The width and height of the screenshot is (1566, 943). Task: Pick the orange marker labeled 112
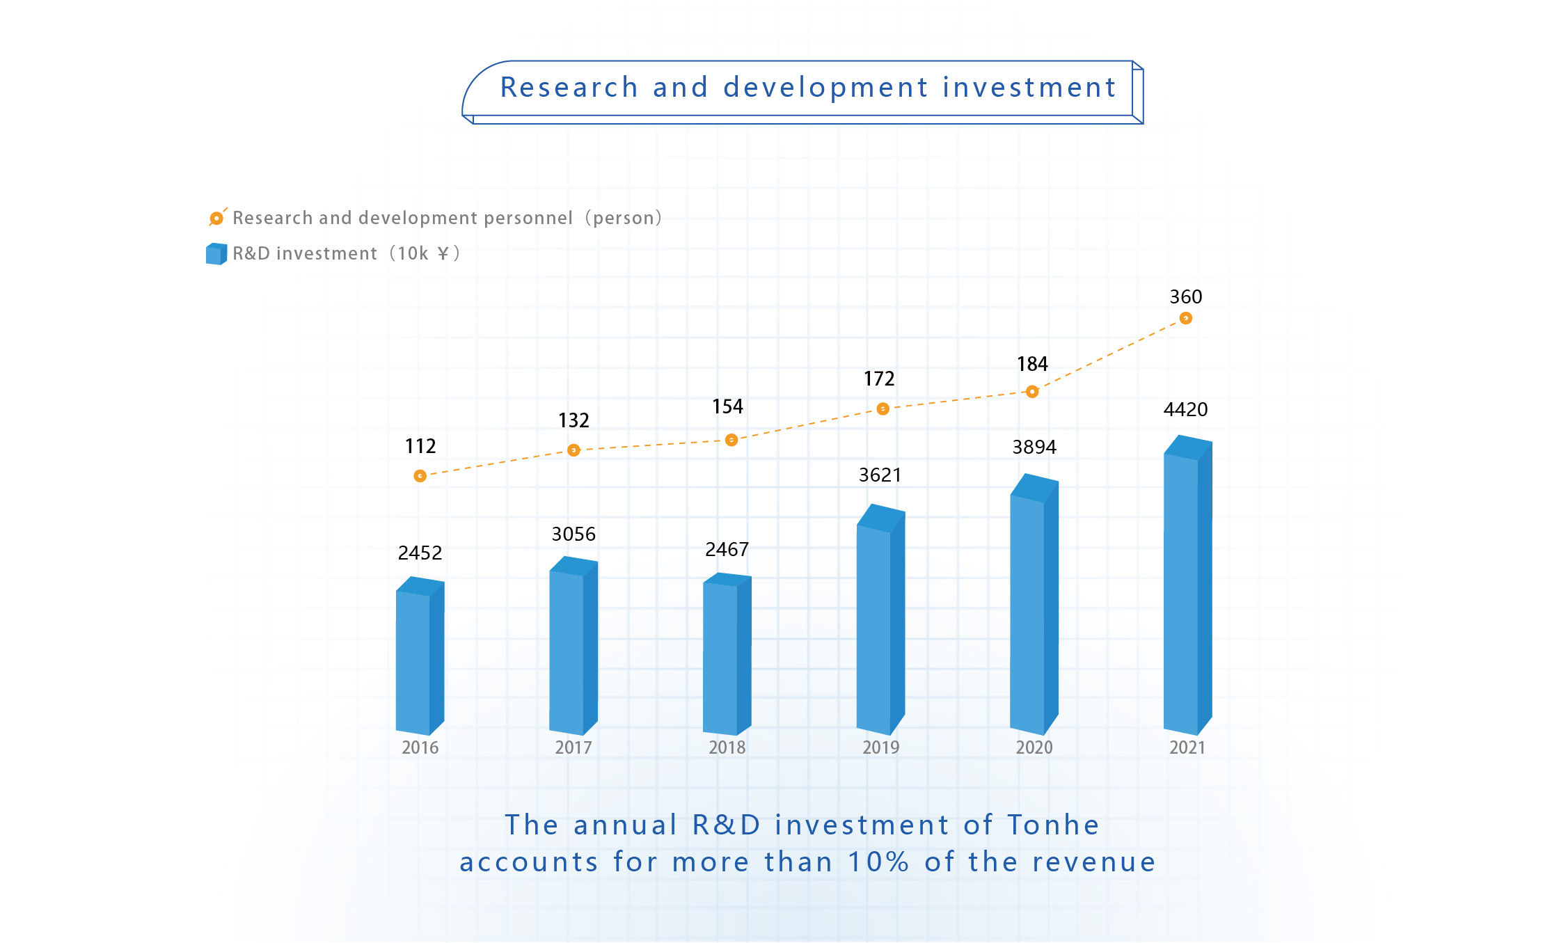(x=420, y=476)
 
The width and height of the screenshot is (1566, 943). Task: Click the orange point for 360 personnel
(x=1186, y=318)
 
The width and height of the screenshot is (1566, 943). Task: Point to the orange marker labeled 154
(x=731, y=440)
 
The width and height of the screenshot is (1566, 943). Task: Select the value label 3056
(x=574, y=534)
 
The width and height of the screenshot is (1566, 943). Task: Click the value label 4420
(x=1185, y=409)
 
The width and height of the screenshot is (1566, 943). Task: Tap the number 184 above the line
(x=1032, y=364)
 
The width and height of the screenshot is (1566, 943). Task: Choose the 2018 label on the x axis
(x=727, y=747)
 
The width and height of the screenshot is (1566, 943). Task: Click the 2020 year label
(x=1034, y=747)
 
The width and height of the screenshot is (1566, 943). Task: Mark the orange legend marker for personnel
(x=216, y=218)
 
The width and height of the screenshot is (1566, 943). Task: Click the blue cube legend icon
(x=216, y=254)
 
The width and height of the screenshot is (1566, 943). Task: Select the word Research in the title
(x=569, y=88)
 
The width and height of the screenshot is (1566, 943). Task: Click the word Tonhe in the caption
(x=1053, y=825)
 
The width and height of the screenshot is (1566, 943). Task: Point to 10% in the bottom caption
(x=878, y=862)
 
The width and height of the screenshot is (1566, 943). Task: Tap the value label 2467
(x=727, y=550)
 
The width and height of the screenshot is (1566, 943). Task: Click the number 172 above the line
(x=879, y=379)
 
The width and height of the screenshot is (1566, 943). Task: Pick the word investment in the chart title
(x=1029, y=88)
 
